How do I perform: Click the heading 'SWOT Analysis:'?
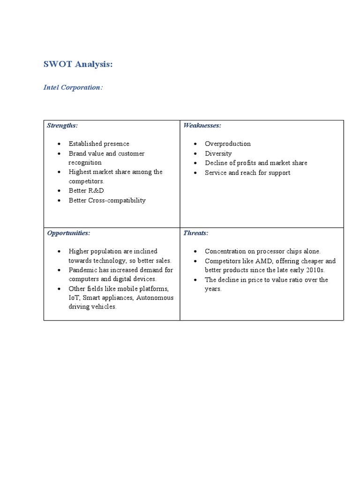click(78, 64)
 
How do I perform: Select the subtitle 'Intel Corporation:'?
click(73, 88)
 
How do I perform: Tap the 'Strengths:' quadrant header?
click(62, 126)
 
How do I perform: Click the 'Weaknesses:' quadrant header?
click(202, 126)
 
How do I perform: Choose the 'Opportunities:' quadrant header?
click(68, 233)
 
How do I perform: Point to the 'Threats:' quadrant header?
click(196, 233)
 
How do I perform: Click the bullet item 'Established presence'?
click(99, 144)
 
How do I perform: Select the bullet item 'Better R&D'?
click(86, 191)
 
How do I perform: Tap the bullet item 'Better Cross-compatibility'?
click(107, 201)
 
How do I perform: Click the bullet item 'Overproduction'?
click(228, 144)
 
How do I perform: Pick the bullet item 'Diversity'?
click(218, 154)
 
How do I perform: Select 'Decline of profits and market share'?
click(256, 163)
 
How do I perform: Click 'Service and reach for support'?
click(247, 173)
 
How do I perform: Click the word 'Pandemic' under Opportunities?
click(82, 270)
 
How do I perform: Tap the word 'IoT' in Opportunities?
click(74, 298)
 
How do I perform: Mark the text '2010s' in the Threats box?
click(315, 270)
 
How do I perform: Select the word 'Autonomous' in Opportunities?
click(155, 298)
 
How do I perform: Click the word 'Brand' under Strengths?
click(78, 154)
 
